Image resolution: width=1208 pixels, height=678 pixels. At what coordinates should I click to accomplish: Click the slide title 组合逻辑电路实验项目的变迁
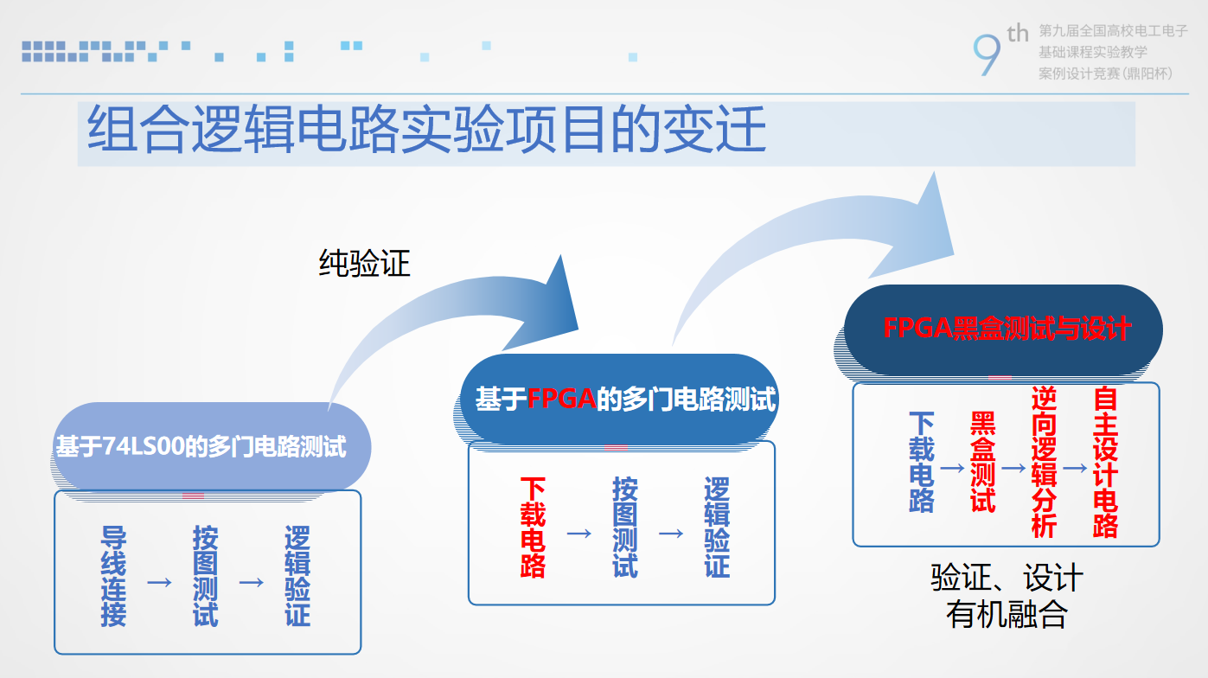tap(426, 129)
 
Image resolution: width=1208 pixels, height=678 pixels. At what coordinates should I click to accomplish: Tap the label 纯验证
tap(365, 263)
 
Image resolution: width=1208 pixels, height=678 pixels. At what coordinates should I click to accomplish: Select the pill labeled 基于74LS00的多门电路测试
tap(211, 446)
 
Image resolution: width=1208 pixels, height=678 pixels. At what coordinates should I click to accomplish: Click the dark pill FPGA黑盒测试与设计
tap(1003, 329)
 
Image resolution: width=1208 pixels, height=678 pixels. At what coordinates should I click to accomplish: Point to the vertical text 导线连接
tap(114, 576)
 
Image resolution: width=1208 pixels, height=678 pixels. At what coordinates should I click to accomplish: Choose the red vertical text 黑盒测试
tap(982, 462)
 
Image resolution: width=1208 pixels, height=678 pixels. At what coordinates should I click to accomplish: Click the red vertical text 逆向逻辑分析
tap(1044, 462)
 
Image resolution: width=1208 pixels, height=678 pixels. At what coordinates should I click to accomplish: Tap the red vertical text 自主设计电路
tap(1106, 462)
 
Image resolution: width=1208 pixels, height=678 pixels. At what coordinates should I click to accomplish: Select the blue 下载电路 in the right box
tap(922, 462)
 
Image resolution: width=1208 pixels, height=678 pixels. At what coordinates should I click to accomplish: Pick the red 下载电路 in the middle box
tap(533, 528)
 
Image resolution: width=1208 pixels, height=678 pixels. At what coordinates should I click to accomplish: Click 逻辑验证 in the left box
tap(297, 576)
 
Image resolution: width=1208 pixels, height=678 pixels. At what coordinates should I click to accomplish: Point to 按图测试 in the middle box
tap(625, 528)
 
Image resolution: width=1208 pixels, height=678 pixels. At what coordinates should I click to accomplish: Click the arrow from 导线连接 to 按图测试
tap(160, 582)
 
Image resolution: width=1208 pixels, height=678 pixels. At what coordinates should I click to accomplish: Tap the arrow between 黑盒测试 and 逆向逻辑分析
tap(1013, 468)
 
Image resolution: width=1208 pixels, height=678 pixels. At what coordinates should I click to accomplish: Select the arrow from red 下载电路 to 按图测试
tap(579, 534)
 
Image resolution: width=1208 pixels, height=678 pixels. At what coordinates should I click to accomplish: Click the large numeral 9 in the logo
tap(987, 54)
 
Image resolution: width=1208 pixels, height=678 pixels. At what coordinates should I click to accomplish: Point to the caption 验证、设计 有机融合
tap(1007, 596)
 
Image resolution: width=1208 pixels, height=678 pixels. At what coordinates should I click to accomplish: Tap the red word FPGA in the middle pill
tap(561, 400)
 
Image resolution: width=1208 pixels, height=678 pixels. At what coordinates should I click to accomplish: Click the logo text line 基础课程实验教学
tap(1093, 52)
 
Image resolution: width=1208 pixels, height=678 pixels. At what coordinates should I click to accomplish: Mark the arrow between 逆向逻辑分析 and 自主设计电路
tap(1075, 468)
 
